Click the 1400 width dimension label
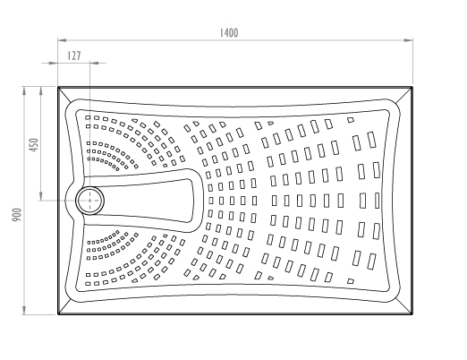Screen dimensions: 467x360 click(x=229, y=33)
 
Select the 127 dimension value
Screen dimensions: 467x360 click(x=74, y=56)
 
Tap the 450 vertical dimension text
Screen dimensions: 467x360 click(x=35, y=145)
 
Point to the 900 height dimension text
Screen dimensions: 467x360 click(x=17, y=215)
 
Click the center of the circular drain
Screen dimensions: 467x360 click(x=89, y=201)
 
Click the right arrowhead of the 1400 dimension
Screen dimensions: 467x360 click(x=409, y=40)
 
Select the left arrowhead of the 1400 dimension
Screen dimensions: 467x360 click(x=62, y=40)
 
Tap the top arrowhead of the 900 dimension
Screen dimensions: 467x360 click(x=24, y=91)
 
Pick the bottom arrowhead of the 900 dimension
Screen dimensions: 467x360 click(x=24, y=310)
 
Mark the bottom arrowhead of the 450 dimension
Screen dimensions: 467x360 click(x=41, y=196)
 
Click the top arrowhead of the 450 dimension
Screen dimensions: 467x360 click(x=41, y=91)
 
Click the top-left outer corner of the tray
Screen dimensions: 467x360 click(x=58, y=87)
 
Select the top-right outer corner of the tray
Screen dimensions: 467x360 click(x=412, y=87)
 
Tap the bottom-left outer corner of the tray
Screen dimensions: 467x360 click(x=58, y=314)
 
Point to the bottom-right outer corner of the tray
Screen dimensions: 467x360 click(x=412, y=314)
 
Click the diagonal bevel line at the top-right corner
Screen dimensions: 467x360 click(x=404, y=95)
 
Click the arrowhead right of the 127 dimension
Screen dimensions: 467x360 click(x=94, y=63)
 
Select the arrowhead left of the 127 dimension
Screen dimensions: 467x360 click(x=54, y=63)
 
